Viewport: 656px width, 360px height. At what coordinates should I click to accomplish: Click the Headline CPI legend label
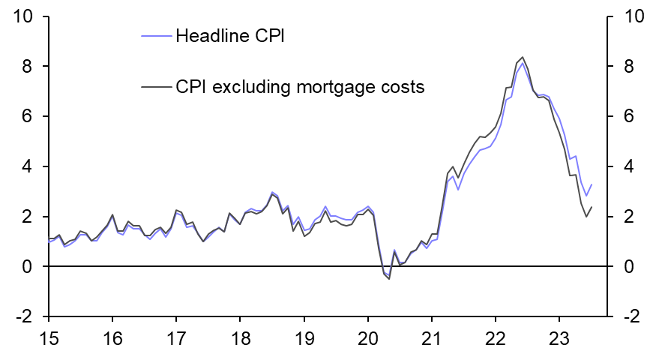[x=229, y=35]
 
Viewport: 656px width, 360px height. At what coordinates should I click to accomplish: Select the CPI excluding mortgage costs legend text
[x=300, y=87]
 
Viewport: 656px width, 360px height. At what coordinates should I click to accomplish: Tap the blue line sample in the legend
[x=157, y=35]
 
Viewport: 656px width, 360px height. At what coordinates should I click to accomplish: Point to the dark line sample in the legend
[x=157, y=87]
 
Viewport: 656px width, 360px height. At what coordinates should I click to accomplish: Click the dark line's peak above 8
[x=523, y=57]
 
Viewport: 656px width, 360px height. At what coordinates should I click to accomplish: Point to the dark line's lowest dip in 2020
[x=389, y=279]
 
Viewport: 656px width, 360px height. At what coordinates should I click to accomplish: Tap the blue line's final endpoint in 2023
[x=592, y=184]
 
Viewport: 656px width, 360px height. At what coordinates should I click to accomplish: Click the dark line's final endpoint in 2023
[x=592, y=208]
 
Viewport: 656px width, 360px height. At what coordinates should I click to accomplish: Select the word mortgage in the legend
[x=333, y=87]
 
